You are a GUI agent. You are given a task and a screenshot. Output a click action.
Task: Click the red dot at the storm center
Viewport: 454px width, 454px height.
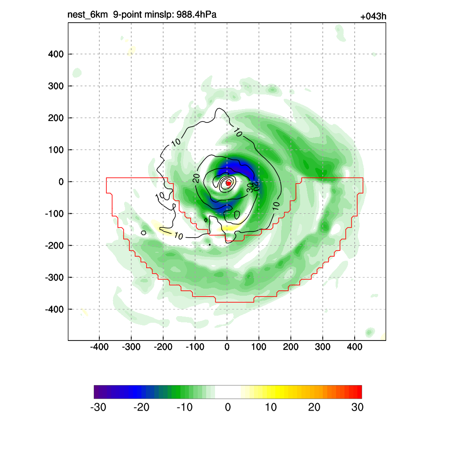(228, 183)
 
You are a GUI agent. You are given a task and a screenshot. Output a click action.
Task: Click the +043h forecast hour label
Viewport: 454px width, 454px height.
(373, 17)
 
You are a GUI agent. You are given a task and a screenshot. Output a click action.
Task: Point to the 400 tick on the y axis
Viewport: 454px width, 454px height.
(56, 54)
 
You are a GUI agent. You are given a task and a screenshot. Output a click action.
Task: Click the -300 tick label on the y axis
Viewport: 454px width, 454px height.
(54, 278)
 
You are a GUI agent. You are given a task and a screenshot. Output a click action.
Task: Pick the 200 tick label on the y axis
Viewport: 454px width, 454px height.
(56, 118)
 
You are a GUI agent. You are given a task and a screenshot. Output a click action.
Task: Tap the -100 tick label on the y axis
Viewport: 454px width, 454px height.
(54, 214)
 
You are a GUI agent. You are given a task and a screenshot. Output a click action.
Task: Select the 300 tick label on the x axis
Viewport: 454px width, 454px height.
(322, 347)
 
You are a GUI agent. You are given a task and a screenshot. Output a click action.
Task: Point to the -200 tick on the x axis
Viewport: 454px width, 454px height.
(163, 347)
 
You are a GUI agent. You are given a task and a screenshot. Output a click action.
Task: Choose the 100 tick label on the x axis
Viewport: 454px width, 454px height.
(258, 347)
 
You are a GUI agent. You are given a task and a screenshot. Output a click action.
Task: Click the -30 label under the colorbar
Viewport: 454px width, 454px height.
(98, 407)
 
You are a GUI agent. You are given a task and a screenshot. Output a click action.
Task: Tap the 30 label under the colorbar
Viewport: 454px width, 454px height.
(357, 407)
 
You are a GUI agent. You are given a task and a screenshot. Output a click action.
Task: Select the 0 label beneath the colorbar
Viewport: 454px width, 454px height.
(228, 407)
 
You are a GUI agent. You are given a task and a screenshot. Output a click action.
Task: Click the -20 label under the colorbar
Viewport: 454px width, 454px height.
(141, 407)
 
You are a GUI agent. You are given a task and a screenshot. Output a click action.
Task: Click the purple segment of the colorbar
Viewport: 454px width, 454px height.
(99, 392)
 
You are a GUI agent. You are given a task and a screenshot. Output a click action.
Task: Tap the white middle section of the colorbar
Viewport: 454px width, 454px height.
(228, 392)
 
